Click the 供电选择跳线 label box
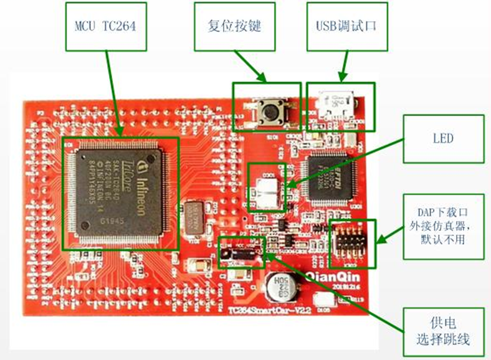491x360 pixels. click(443, 331)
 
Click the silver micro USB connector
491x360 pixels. click(336, 102)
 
